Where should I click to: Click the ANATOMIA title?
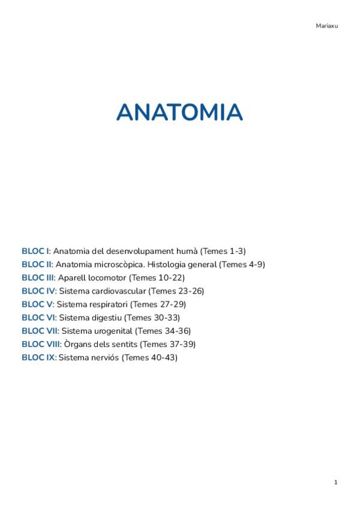179,112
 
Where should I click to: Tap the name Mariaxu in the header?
327,26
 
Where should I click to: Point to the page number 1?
336,482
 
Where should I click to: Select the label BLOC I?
35,251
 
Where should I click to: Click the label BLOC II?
37,264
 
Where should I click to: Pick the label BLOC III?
38,277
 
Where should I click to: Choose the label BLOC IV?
38,291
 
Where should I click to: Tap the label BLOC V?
37,304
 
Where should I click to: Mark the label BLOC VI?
38,317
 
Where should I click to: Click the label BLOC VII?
40,331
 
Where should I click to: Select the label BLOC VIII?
41,344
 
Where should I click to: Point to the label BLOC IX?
38,357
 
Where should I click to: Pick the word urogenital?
112,331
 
